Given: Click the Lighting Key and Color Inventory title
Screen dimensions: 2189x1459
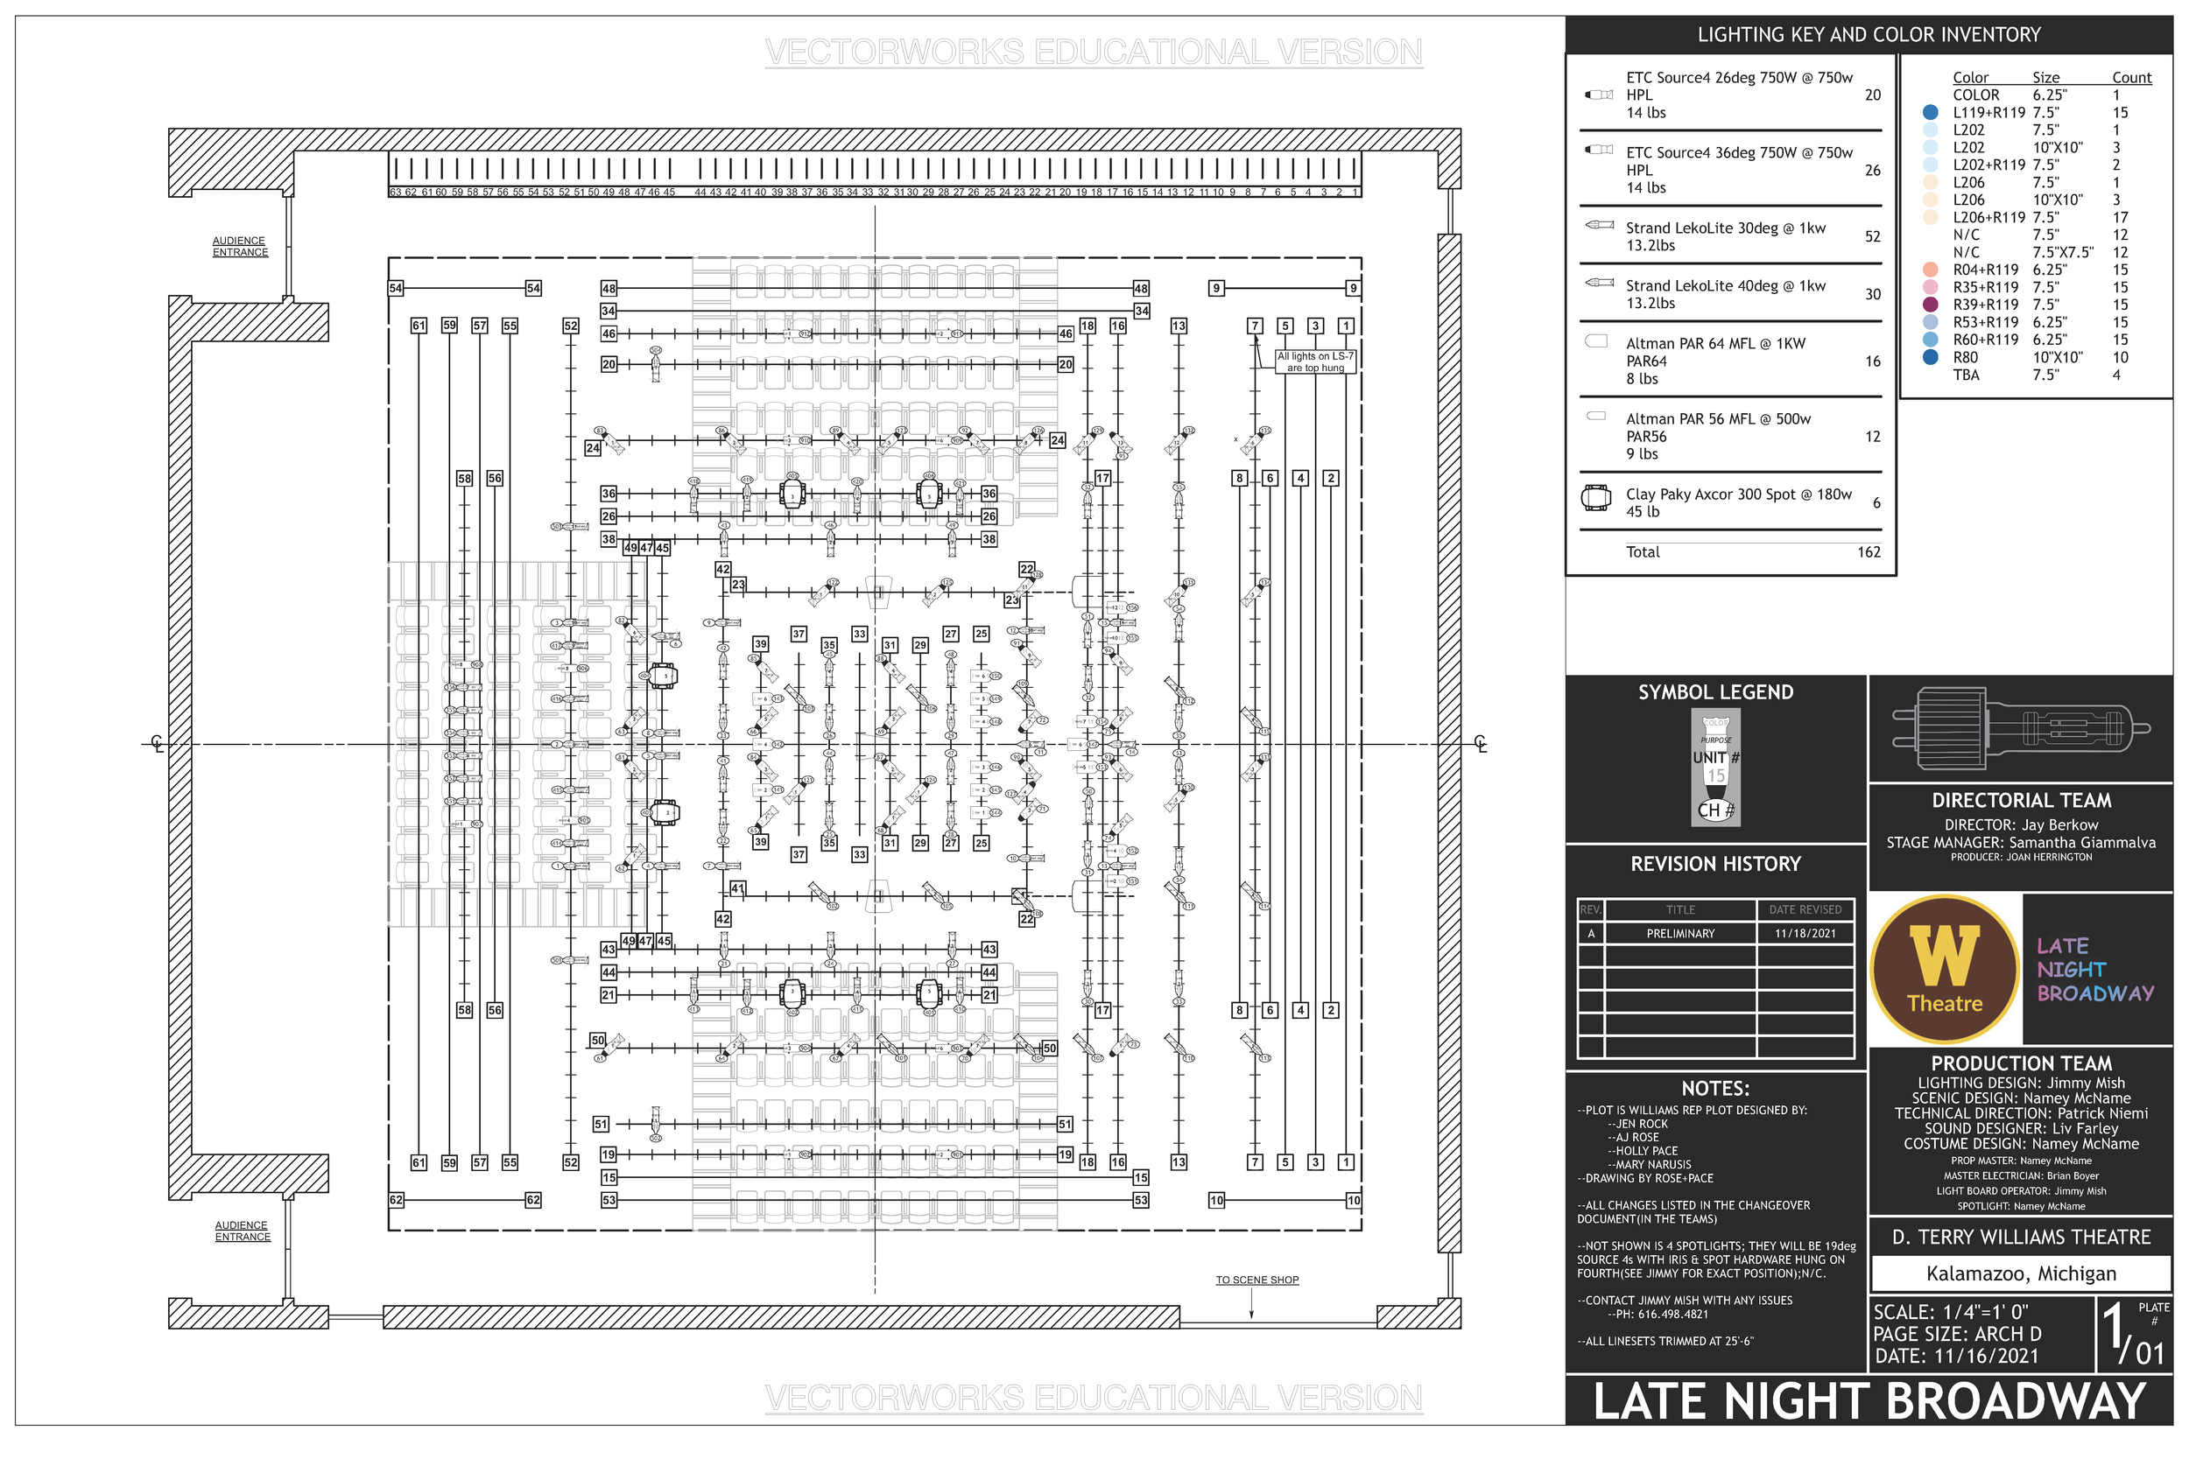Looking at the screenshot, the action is (x=1868, y=34).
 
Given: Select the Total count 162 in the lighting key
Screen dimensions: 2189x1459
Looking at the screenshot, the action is (x=1868, y=551).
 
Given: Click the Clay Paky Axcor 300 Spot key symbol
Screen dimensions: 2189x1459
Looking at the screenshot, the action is (x=1596, y=499).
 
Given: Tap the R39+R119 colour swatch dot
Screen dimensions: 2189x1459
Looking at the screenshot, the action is (x=1931, y=305).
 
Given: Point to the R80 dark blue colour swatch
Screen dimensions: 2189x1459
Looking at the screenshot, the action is (x=1931, y=357).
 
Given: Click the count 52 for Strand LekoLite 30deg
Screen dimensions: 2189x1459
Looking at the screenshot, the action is (x=1872, y=236).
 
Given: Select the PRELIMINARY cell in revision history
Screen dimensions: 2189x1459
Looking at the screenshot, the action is (x=1680, y=933).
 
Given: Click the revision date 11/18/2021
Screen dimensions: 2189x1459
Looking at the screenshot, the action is (x=1805, y=933).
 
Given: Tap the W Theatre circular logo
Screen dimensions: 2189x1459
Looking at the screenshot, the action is (x=1944, y=969).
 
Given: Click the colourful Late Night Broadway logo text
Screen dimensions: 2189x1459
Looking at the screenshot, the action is (x=2094, y=970).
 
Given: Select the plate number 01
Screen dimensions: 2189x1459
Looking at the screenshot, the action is (x=2149, y=1352).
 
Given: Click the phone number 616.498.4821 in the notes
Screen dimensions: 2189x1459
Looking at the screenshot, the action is (x=1672, y=1315).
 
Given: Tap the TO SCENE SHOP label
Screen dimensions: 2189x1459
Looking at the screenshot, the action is (x=1256, y=1280).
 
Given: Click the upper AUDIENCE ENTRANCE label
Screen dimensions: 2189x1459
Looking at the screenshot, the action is (x=239, y=247).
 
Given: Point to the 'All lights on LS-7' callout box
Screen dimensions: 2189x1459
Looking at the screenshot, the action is (x=1315, y=362).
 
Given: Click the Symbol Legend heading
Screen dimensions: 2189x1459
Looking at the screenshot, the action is (x=1715, y=692).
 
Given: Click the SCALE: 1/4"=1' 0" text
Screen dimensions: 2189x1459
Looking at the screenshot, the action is (x=1951, y=1312).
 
